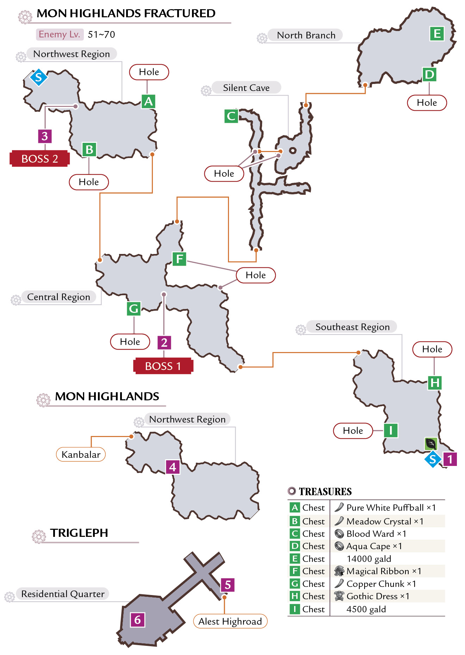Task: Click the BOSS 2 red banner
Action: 39,158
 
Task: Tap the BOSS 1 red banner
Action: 163,366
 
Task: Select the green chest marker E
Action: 437,34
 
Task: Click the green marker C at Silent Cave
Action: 231,116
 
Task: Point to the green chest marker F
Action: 179,259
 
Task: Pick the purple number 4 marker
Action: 173,467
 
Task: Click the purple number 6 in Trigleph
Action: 137,620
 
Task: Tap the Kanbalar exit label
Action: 81,454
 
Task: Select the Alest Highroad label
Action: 230,621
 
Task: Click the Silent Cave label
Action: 246,87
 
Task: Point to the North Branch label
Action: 306,35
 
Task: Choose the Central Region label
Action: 58,297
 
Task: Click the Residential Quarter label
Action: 63,594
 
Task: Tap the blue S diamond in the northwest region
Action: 38,77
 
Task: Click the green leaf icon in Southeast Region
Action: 431,443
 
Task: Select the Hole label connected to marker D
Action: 427,103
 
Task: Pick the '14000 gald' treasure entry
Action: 369,559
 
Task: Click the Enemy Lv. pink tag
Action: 60,34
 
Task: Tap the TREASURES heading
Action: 325,491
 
